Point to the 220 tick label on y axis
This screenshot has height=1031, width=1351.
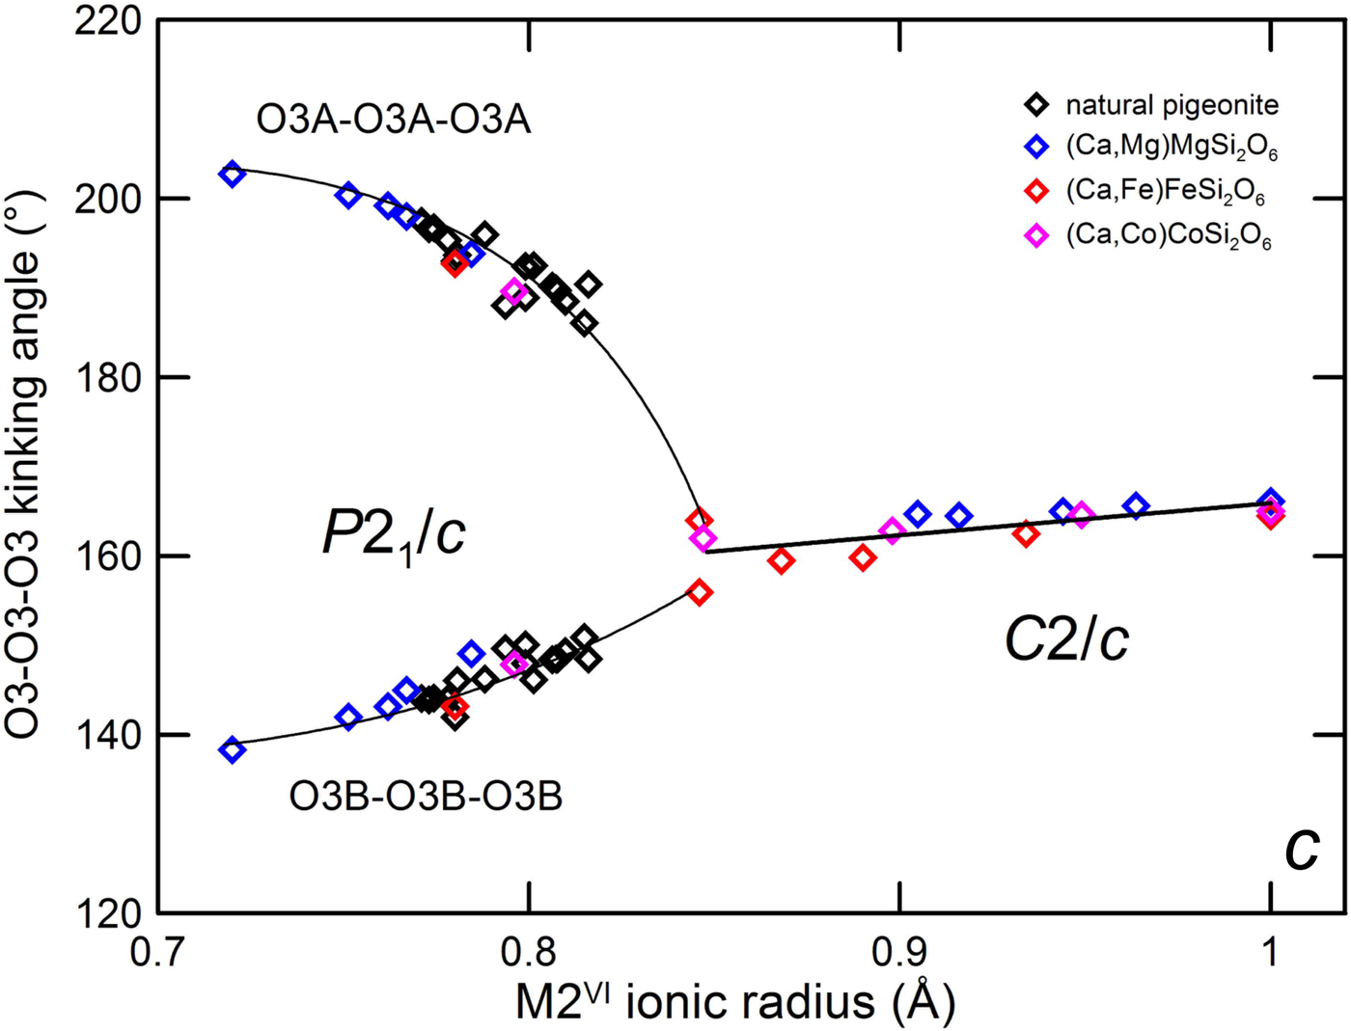tap(108, 20)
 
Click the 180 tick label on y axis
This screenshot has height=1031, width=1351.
tap(108, 377)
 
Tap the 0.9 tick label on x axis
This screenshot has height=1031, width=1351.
tap(899, 952)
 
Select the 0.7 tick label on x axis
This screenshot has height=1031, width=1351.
tap(158, 952)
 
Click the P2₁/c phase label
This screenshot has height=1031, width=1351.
tap(394, 532)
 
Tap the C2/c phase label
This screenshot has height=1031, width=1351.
tap(1066, 638)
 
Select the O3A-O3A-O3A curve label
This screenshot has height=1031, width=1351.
tap(393, 120)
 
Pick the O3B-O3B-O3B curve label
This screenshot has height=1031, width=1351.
tap(426, 797)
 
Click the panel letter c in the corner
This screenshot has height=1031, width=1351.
tap(1302, 850)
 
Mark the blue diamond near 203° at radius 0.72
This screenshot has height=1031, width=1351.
tap(232, 175)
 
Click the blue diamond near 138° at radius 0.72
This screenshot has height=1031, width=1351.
tap(232, 749)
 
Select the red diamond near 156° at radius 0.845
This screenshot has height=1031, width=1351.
tap(700, 592)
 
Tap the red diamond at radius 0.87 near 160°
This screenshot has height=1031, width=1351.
tap(781, 560)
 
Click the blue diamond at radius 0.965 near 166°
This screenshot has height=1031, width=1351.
tap(1136, 505)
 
